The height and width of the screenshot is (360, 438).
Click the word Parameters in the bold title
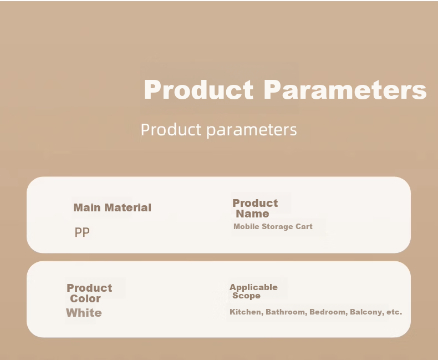[x=345, y=89]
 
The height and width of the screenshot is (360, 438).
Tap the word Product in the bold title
[x=198, y=89]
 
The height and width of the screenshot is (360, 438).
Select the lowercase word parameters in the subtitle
[x=252, y=130]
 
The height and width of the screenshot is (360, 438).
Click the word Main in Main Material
[x=87, y=207]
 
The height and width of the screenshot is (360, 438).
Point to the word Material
[x=128, y=207]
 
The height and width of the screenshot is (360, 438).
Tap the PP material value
[x=82, y=232]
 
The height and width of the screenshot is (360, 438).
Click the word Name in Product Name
[x=252, y=214]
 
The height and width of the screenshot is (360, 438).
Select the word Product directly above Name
[x=255, y=203]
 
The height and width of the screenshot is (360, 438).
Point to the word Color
[x=85, y=298]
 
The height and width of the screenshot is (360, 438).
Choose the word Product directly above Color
[x=89, y=288]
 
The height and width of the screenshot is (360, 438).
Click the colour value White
[x=84, y=313]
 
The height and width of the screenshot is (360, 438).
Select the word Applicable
[x=253, y=287]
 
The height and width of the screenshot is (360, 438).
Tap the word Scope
[x=246, y=296]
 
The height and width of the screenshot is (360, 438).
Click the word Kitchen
[x=246, y=312]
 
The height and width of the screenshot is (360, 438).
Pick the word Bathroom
[x=286, y=312]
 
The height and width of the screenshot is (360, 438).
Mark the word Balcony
[x=367, y=312]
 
